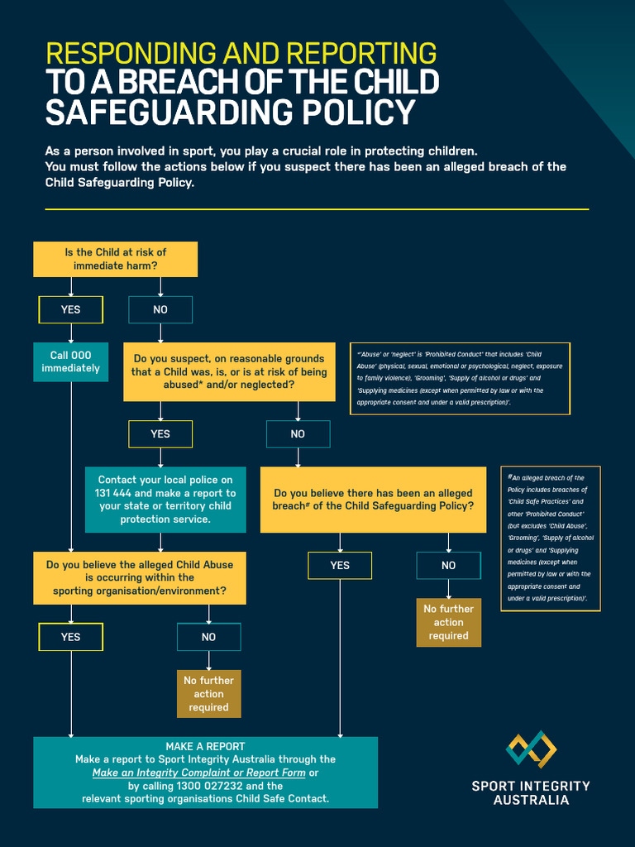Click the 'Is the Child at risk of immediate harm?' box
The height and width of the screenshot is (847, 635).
pos(115,259)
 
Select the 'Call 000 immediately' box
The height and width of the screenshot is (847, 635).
pos(70,361)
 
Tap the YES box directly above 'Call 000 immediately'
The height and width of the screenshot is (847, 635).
pos(71,309)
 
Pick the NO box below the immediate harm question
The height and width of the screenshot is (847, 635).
pos(160,309)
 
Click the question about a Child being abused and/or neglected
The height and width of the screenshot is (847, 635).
pos(229,371)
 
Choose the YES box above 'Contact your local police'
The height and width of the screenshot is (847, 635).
pos(160,433)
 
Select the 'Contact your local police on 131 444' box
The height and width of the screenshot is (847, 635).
pos(165,500)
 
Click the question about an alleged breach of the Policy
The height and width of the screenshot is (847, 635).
pos(374,499)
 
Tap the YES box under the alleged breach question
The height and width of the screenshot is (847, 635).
pos(340,566)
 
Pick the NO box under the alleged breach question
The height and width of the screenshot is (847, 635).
pos(448,566)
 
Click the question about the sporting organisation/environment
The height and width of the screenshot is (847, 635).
pos(140,577)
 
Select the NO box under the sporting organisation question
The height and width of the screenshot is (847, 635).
pos(208,637)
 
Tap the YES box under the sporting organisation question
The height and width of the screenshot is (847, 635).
pos(71,637)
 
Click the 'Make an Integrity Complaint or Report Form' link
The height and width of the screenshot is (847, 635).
pos(198,773)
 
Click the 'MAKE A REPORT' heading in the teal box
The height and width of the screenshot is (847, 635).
pos(205,746)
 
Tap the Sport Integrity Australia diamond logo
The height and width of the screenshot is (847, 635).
pos(531,749)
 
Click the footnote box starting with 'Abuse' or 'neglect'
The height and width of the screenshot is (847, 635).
pos(461,378)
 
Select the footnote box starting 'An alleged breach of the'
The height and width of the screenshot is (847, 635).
pos(551,538)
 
